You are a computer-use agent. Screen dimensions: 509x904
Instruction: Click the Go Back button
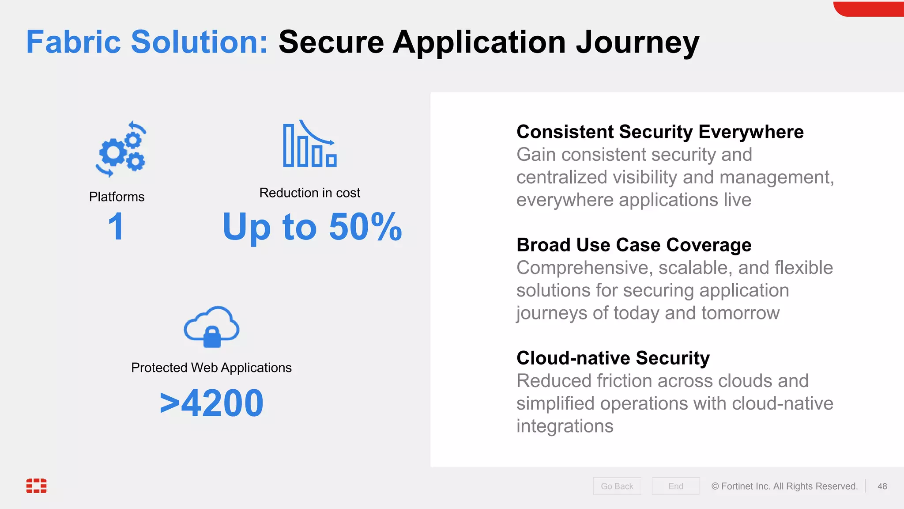point(617,486)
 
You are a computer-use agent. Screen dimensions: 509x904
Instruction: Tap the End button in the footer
point(675,486)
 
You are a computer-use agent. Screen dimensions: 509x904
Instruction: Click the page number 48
point(882,486)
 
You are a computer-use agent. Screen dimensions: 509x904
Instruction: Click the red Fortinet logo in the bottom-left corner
point(36,485)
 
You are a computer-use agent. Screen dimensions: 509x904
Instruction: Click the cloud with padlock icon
point(211,327)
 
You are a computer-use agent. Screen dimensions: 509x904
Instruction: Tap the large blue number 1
point(116,226)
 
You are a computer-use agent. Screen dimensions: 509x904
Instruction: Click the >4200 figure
point(211,403)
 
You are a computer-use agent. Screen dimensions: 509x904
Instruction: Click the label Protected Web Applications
point(211,368)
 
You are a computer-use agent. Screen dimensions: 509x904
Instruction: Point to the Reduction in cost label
point(309,193)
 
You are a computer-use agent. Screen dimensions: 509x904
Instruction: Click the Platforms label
point(117,197)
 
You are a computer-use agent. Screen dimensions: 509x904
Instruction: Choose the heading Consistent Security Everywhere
point(660,132)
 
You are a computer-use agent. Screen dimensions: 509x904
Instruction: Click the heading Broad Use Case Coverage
point(634,245)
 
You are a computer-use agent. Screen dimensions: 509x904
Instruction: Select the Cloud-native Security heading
point(613,358)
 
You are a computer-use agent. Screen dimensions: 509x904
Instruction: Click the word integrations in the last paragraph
point(565,426)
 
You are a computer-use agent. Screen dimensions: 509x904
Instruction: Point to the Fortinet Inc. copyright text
point(784,486)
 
